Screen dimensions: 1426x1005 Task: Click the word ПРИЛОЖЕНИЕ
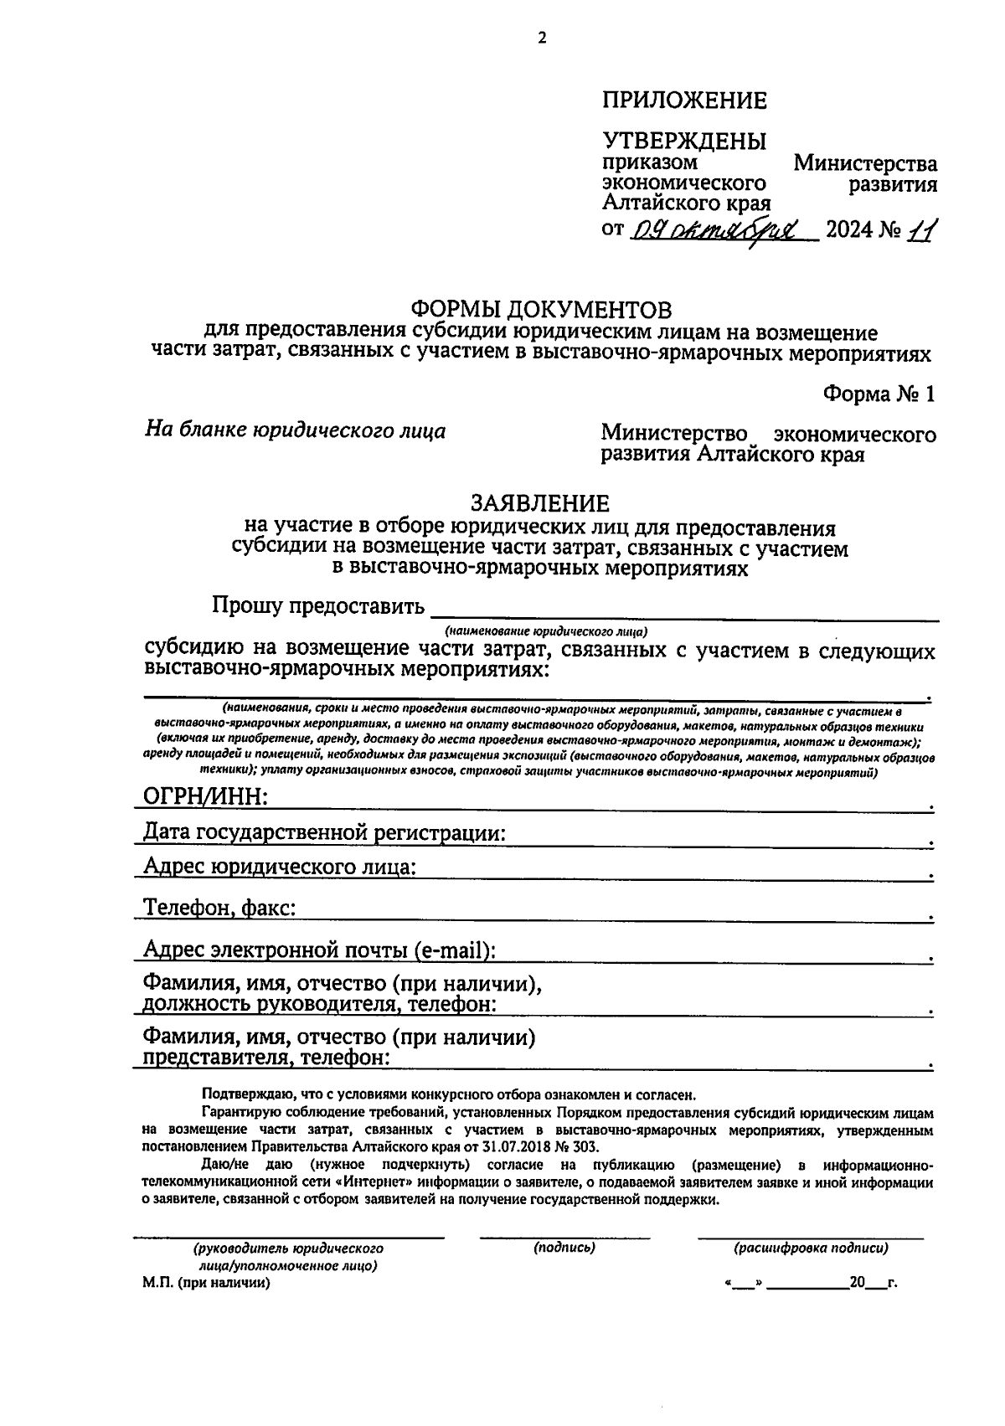click(x=684, y=101)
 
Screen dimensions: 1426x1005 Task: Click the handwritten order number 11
click(x=922, y=229)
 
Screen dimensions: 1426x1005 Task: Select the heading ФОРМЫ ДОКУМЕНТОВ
click(x=543, y=311)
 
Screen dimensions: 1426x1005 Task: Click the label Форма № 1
click(x=879, y=394)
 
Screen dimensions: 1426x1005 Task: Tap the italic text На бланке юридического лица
click(x=296, y=431)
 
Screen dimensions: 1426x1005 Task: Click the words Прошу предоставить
click(x=318, y=606)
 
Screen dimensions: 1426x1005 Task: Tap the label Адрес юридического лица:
click(x=280, y=867)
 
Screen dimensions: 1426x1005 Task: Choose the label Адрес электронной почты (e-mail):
click(x=319, y=950)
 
